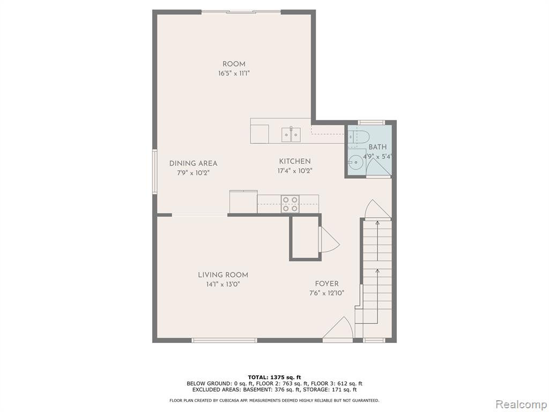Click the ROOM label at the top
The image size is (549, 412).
[234, 64]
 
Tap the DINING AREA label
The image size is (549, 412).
[193, 163]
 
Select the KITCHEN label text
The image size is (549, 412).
[295, 161]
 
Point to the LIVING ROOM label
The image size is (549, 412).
[223, 275]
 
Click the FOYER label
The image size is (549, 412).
[327, 284]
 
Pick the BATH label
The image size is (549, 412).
[377, 147]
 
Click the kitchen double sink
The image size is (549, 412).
[291, 135]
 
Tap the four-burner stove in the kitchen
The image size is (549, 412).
[291, 204]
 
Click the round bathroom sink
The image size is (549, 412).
[356, 162]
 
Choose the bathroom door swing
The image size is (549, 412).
[379, 167]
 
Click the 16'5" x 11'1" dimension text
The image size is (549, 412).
[234, 73]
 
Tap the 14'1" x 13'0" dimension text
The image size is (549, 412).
[223, 284]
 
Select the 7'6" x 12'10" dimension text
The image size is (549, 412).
[327, 293]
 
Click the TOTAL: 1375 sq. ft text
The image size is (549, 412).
[274, 377]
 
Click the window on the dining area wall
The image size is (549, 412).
[154, 172]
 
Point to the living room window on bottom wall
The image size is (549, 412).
[225, 340]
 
